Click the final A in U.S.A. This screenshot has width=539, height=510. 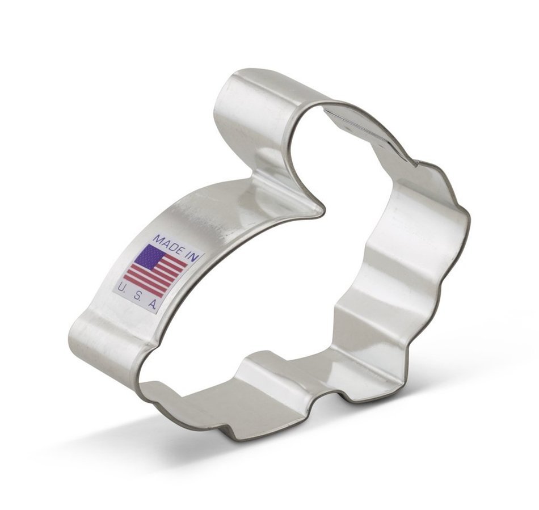[152, 305]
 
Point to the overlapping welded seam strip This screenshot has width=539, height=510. [369, 128]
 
